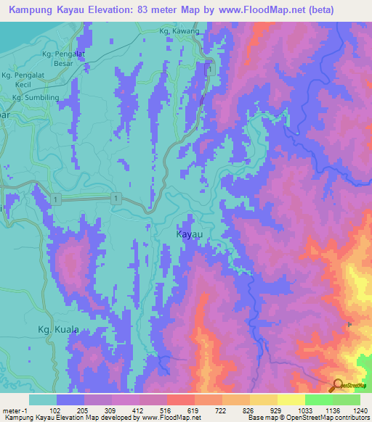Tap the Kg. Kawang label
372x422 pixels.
(x=179, y=31)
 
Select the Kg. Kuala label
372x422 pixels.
(x=58, y=330)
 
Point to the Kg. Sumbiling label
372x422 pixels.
(x=32, y=95)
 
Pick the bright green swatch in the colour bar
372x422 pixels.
(x=319, y=400)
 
